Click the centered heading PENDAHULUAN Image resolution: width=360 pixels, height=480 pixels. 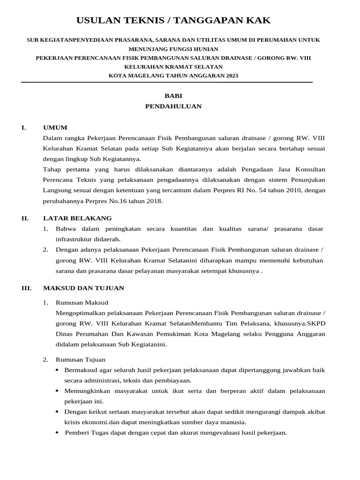173,106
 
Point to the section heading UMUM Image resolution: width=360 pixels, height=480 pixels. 55,127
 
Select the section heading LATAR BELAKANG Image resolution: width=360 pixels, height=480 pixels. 77,218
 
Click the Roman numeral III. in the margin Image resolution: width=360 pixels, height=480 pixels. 26,288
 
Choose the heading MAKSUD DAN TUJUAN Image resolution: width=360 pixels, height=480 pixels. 83,288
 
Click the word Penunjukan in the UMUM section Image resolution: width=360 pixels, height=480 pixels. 307,180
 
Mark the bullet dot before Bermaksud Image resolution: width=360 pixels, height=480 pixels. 57,370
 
